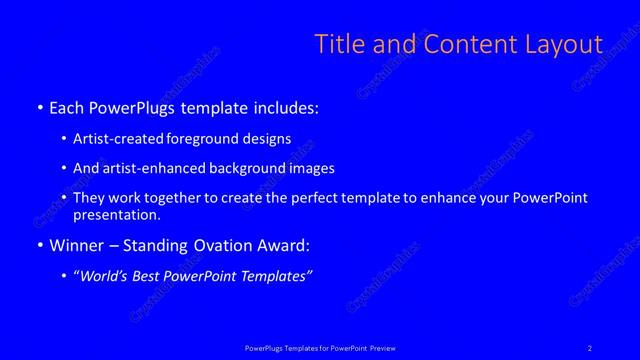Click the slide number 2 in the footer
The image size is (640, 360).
590,347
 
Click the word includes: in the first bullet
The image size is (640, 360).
284,108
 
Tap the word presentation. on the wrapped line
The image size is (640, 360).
116,214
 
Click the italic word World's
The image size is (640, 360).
107,275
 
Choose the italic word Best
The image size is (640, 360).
156,275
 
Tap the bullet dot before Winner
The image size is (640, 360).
39,246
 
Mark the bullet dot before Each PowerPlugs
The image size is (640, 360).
39,108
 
